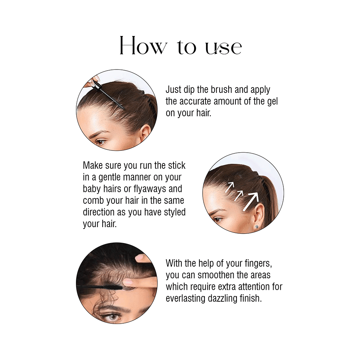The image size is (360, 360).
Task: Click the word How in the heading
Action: pos(143,46)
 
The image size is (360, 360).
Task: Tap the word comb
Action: pos(93,200)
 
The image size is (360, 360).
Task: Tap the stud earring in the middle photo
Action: pos(257,226)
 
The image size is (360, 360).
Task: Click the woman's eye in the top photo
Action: pos(100,142)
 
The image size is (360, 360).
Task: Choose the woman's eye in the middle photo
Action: pos(217,219)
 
